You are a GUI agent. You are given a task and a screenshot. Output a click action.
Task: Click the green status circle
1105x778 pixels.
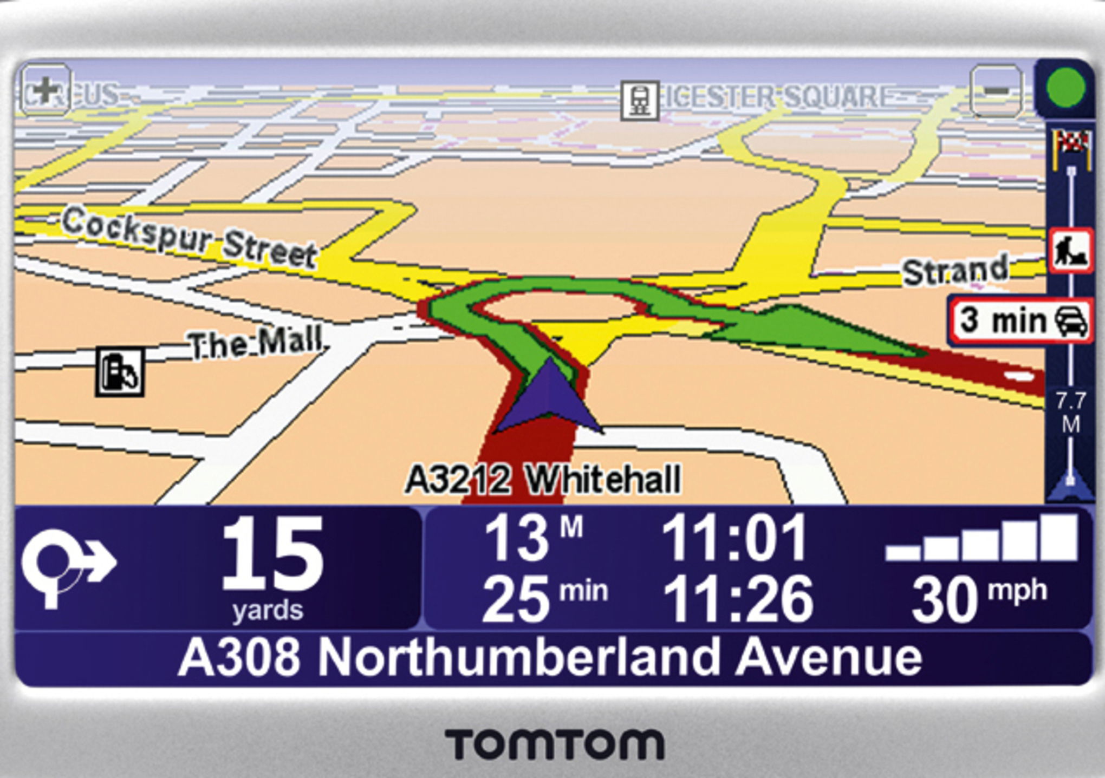tap(1066, 88)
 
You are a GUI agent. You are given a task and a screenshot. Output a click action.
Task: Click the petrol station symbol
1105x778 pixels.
tap(120, 371)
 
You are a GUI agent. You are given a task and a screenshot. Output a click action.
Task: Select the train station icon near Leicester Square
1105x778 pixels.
tap(640, 100)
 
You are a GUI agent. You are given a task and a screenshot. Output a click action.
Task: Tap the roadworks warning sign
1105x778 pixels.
tap(1070, 251)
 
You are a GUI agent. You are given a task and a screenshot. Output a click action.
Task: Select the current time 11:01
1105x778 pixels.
tap(734, 538)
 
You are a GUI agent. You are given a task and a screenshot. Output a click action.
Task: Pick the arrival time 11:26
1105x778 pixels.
tap(738, 599)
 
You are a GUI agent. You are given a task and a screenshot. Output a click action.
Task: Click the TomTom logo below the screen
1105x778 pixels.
tap(554, 744)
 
